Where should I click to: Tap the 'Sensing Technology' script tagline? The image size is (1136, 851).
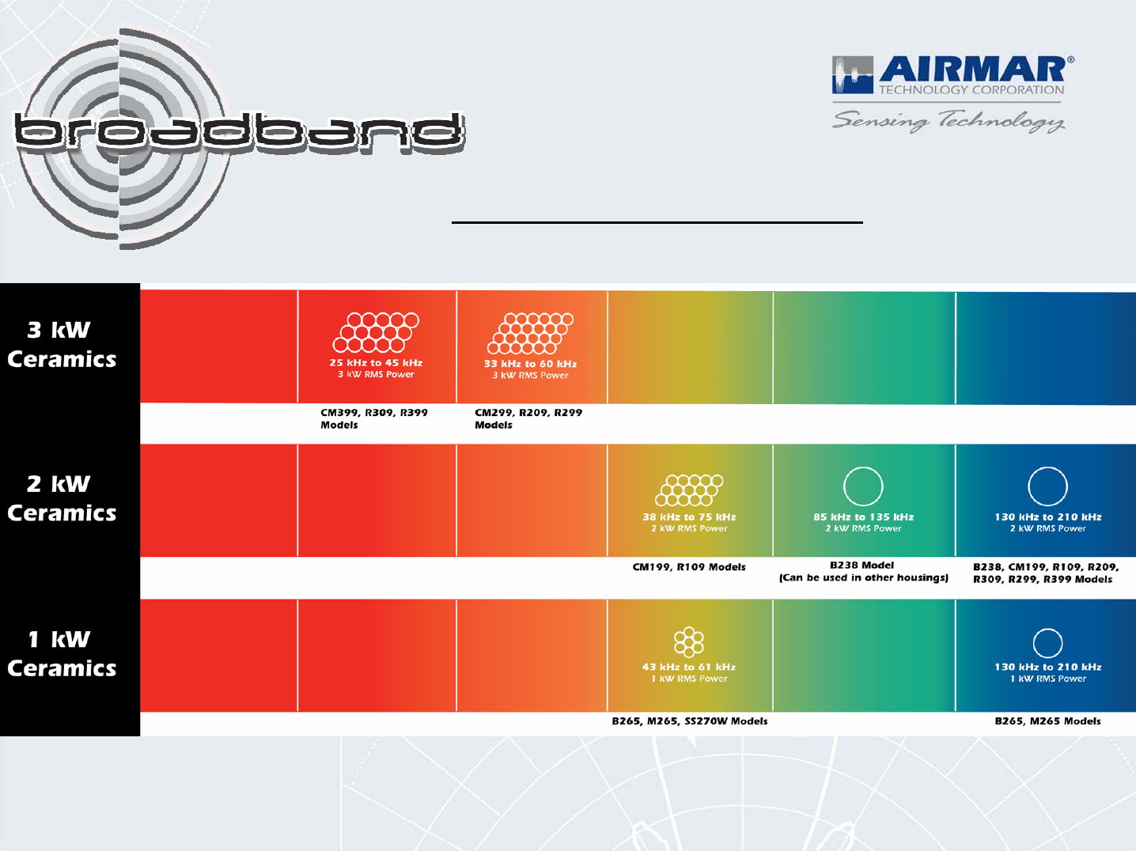coord(949,121)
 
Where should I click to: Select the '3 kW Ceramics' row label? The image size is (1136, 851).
coord(62,345)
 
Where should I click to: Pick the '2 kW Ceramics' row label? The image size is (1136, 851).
coord(62,499)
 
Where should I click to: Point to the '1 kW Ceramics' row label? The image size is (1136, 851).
coord(62,654)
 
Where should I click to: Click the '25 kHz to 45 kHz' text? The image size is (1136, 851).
coord(376,363)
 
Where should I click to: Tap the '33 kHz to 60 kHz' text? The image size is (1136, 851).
coord(530,364)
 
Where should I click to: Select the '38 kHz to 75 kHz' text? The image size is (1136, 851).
coord(689,516)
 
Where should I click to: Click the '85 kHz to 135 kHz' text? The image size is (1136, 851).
coord(863,516)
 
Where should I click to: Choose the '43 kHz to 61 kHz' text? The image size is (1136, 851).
coord(689,667)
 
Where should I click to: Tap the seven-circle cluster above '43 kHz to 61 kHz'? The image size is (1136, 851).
coord(689,642)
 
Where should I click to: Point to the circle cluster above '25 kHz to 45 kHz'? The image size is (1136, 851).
coord(376,332)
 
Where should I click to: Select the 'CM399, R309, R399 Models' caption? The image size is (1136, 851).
coord(373,418)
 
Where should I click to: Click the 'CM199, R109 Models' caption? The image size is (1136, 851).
coord(689,567)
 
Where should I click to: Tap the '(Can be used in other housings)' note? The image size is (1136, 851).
coord(863,578)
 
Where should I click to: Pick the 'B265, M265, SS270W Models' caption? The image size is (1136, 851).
coord(689,721)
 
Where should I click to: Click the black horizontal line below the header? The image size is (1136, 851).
coord(657,222)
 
